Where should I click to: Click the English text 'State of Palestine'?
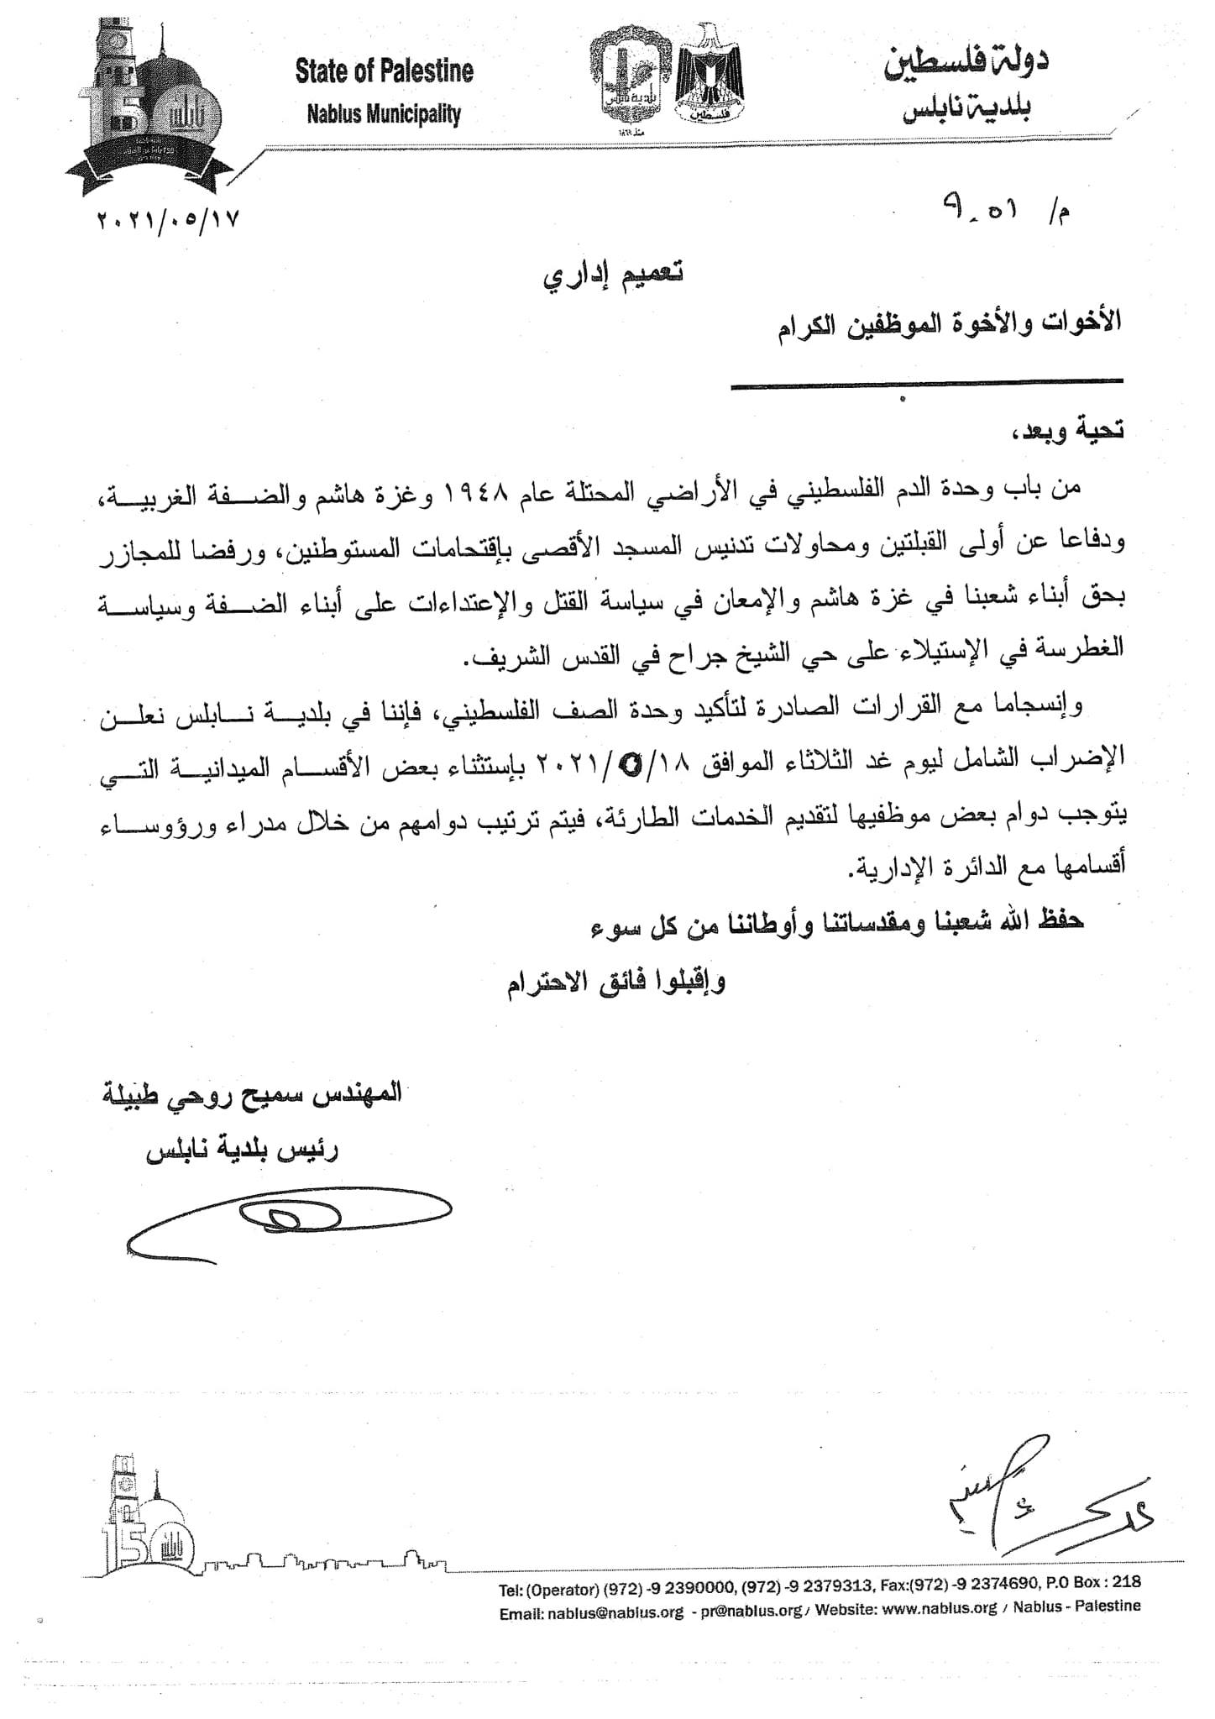click(x=384, y=72)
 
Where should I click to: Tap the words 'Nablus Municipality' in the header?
click(x=384, y=113)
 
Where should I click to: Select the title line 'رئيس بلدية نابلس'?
click(x=243, y=1152)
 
